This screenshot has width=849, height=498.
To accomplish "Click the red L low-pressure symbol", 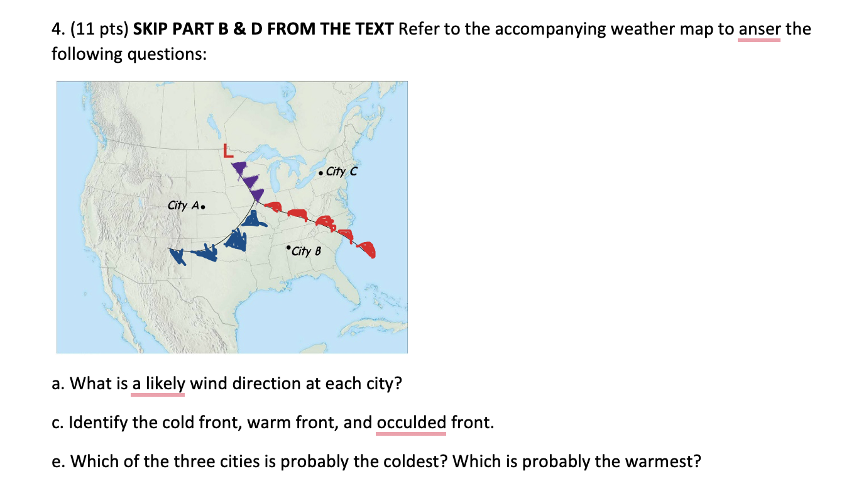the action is [228, 150].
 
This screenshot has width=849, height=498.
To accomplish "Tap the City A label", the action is [183, 206].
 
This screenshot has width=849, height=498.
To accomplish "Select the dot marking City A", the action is [203, 207].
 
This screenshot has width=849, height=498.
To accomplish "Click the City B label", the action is [306, 251].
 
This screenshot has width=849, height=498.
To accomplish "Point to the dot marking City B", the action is [288, 247].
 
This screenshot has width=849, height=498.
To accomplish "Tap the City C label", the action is [341, 172].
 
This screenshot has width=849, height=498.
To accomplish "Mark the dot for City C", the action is [321, 174].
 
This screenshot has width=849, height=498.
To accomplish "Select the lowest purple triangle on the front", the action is [257, 194].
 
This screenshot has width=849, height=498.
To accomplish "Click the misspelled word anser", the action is [760, 29].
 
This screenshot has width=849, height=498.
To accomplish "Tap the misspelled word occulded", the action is [411, 422].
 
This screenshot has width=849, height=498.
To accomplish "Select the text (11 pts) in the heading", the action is [100, 29].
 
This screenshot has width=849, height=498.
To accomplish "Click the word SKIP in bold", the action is [150, 29].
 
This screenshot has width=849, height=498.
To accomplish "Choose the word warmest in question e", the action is [663, 462].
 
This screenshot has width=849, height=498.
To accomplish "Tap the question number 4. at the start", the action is [58, 29].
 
